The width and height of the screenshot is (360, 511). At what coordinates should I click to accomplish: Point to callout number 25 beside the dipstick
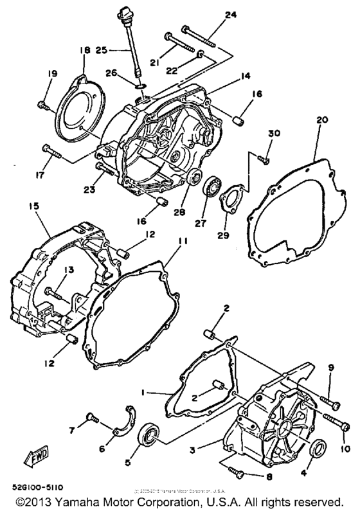[x=102, y=49]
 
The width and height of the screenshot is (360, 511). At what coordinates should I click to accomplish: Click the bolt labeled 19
[x=43, y=103]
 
